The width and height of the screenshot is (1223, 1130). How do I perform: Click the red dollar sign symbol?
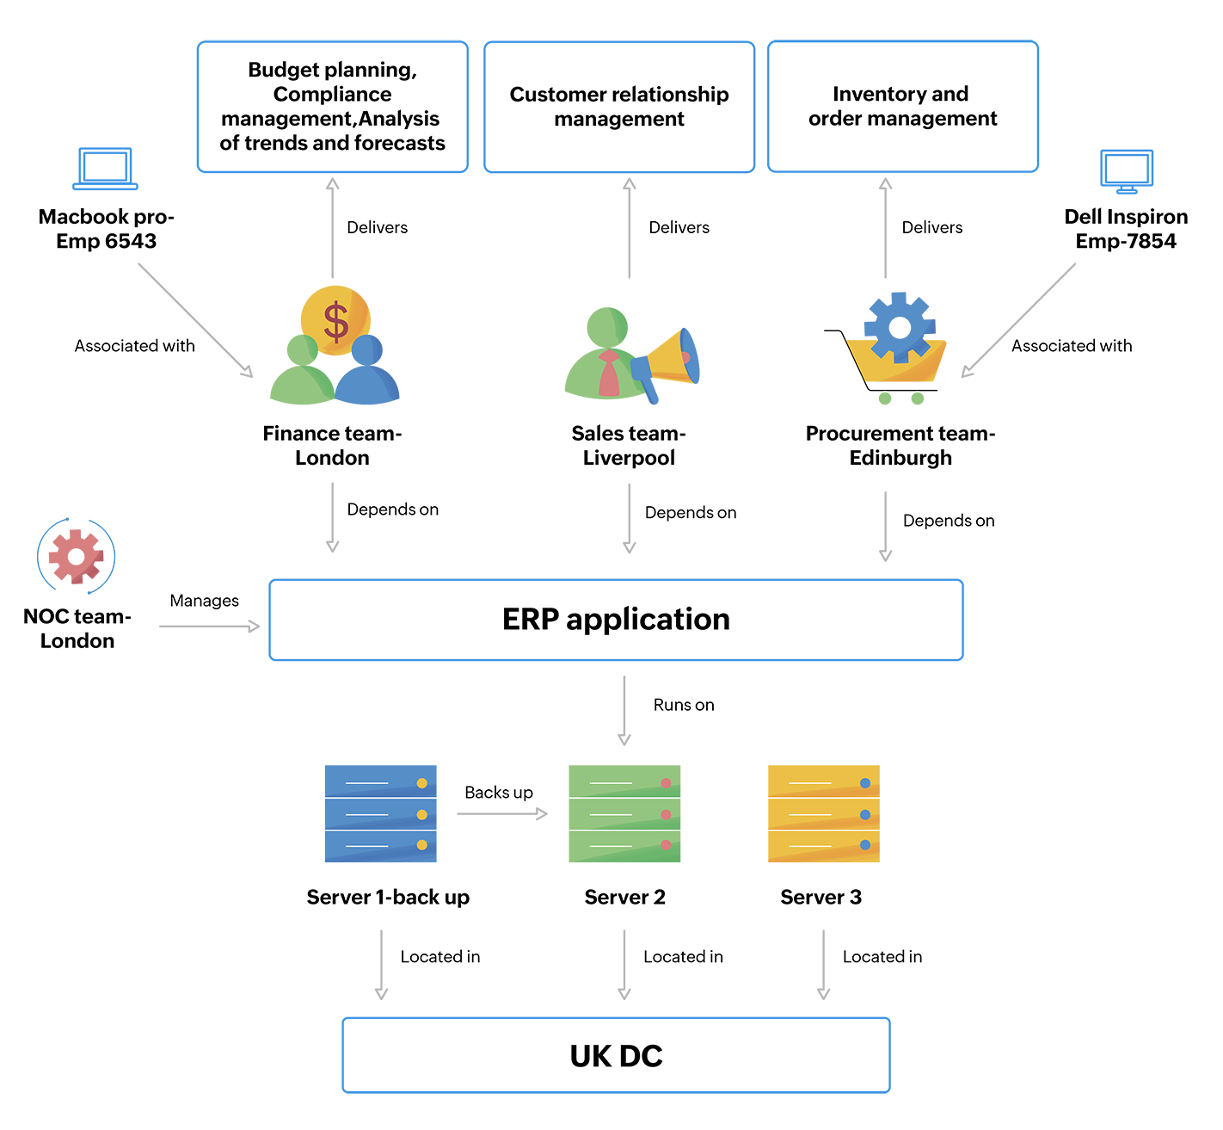[336, 321]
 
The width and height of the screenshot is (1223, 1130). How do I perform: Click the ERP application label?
[616, 620]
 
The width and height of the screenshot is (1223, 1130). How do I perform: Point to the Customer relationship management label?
[618, 108]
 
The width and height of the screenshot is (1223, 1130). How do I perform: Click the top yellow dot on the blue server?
[421, 783]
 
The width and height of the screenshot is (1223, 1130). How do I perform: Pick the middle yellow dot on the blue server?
[421, 814]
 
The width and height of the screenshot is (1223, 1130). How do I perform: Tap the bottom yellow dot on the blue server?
[421, 845]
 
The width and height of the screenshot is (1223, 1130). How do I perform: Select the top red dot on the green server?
[666, 783]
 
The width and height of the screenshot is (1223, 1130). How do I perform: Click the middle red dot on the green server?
[666, 814]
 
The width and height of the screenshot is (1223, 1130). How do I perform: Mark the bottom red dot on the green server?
[666, 845]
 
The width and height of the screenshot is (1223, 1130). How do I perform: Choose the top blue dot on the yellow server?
[865, 783]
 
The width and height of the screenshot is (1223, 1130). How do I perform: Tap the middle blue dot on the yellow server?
[865, 814]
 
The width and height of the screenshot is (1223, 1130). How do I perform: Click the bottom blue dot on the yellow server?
[865, 845]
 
